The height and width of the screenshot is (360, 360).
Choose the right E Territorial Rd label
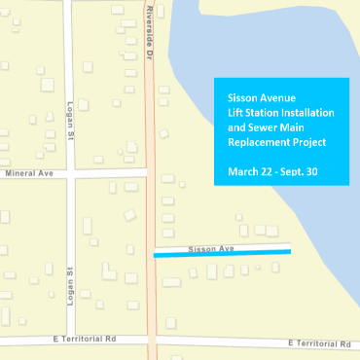[321, 343]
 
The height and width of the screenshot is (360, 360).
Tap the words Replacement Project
[276, 142]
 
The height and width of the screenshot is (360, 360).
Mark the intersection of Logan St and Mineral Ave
[70, 173]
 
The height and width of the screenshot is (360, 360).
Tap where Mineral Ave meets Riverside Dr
[149, 172]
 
